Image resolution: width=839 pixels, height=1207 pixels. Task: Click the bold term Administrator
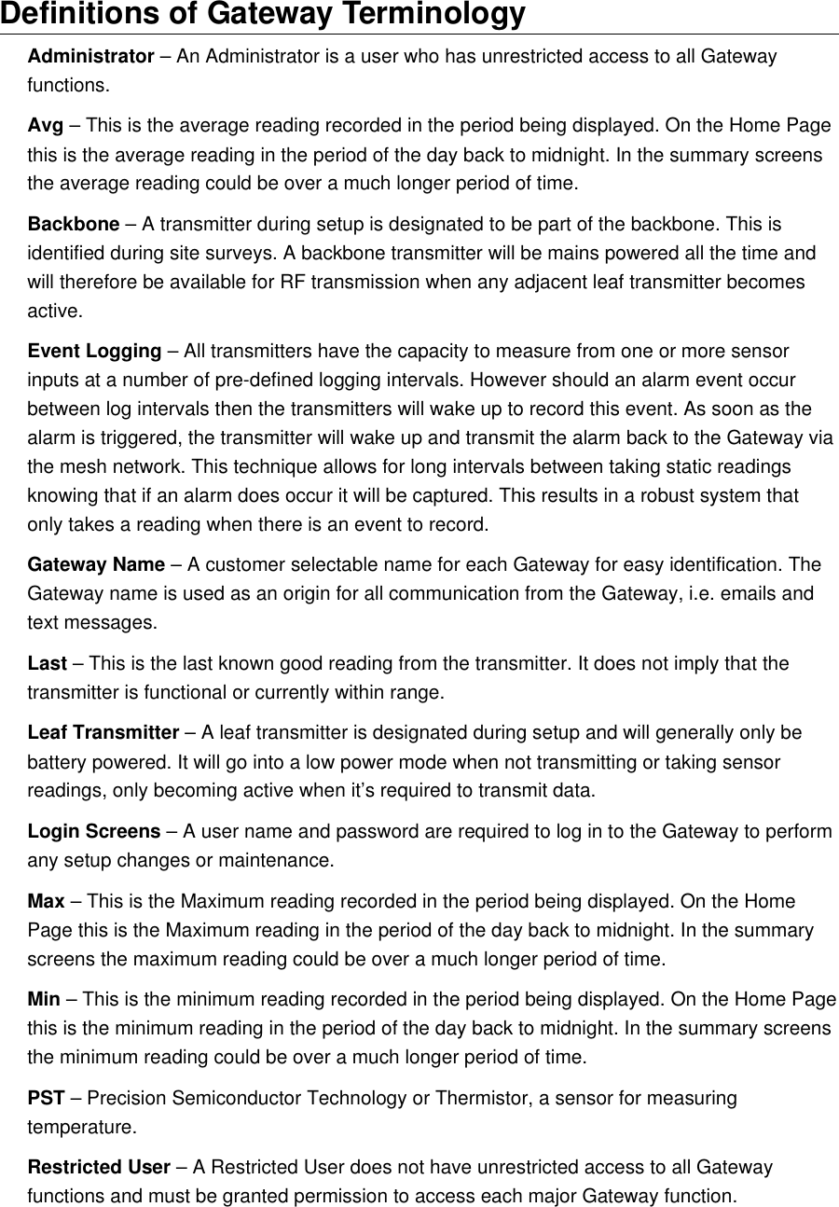[x=90, y=57]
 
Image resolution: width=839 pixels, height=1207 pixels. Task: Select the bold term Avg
[x=45, y=126]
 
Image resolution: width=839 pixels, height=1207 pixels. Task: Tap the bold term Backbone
[x=73, y=225]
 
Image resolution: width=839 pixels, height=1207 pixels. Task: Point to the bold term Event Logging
[x=94, y=352]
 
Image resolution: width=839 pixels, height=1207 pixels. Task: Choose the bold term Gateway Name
[x=96, y=565]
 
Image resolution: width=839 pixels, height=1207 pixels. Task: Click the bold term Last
[x=47, y=664]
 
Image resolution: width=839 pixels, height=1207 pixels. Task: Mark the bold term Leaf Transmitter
[x=103, y=733]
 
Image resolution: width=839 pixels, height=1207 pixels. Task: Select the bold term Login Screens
[x=93, y=831]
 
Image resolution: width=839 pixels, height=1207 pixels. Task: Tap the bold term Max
[x=46, y=902]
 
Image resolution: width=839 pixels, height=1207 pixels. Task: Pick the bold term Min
[x=44, y=1000]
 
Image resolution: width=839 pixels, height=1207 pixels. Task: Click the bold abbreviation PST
[x=46, y=1099]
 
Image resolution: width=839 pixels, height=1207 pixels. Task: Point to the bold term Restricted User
[x=99, y=1168]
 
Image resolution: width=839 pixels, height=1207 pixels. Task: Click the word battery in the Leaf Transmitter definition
[x=58, y=763]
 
